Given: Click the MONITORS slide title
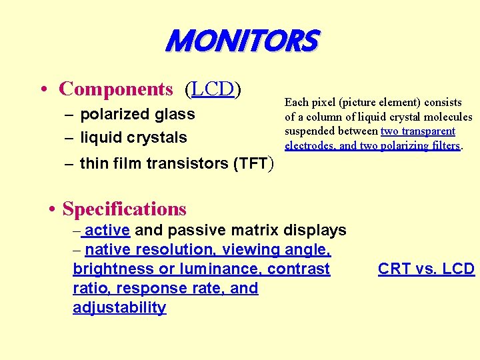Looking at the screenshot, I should pos(242,41).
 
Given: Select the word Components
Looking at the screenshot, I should pos(116,89).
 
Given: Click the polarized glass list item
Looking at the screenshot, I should pos(137,114).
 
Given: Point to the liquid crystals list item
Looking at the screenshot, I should pos(133,137).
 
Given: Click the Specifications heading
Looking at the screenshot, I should pos(124,209).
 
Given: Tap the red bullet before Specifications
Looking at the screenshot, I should pos(53,209).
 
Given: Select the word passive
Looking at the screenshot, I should pos(203,231).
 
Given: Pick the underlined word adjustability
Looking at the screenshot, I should pos(119,307).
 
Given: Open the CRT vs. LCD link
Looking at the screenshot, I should pos(426,269).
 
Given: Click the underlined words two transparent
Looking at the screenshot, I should pos(417,131).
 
